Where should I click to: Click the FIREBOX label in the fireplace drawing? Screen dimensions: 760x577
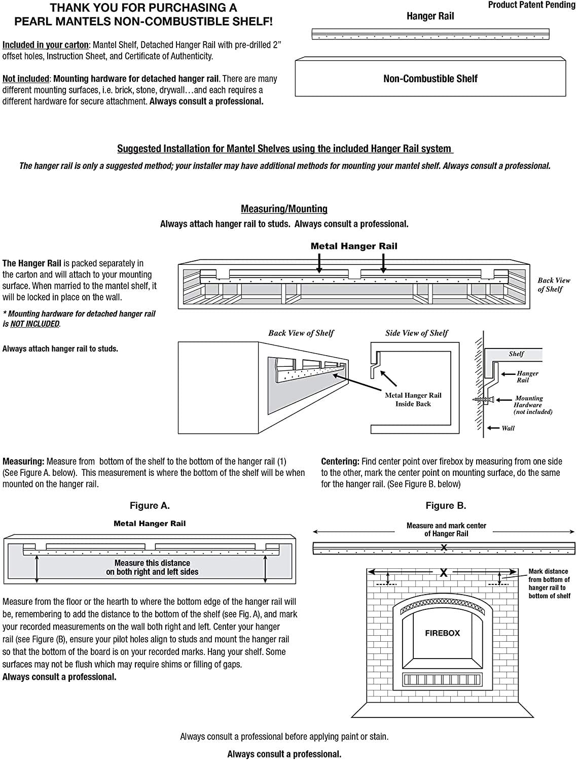pyautogui.click(x=442, y=633)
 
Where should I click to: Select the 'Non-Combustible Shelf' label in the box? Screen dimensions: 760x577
pyautogui.click(x=430, y=79)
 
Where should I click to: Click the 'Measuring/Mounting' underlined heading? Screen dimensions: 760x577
pyautogui.click(x=284, y=209)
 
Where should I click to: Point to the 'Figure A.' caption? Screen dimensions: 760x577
pyautogui.click(x=150, y=505)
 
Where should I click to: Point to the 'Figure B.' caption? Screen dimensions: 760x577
pyautogui.click(x=446, y=505)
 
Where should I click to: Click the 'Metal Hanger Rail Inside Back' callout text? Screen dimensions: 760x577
pyautogui.click(x=413, y=399)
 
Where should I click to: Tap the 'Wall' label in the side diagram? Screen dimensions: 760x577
pyautogui.click(x=508, y=428)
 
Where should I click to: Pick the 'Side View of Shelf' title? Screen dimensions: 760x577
pyautogui.click(x=416, y=333)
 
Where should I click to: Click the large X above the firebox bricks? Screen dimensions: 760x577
pyautogui.click(x=443, y=573)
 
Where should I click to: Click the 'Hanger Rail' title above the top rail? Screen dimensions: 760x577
pyautogui.click(x=430, y=16)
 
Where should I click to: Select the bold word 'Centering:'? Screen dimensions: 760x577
pyautogui.click(x=340, y=461)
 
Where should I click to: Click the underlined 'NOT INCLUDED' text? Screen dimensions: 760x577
pyautogui.click(x=34, y=324)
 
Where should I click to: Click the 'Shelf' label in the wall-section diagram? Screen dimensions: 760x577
pyautogui.click(x=516, y=354)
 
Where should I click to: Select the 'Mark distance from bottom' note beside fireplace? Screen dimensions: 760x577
pyautogui.click(x=549, y=583)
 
